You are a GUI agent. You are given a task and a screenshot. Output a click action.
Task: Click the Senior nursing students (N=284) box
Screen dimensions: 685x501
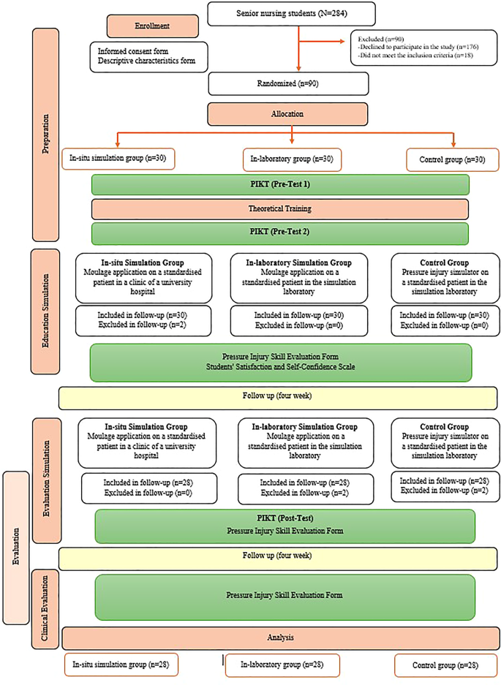[292, 13]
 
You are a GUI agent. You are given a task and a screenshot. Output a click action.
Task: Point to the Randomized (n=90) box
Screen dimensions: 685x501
[292, 83]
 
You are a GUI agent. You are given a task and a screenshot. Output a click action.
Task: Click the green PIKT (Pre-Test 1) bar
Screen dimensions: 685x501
[280, 184]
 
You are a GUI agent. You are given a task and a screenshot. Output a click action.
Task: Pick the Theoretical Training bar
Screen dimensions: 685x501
[280, 208]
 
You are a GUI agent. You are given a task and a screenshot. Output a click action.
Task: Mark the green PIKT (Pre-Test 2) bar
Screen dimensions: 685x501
[280, 233]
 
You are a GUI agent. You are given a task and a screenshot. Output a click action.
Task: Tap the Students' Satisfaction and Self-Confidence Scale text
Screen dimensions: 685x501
[280, 367]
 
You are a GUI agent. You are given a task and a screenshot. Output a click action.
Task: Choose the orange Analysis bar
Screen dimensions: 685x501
[281, 637]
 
